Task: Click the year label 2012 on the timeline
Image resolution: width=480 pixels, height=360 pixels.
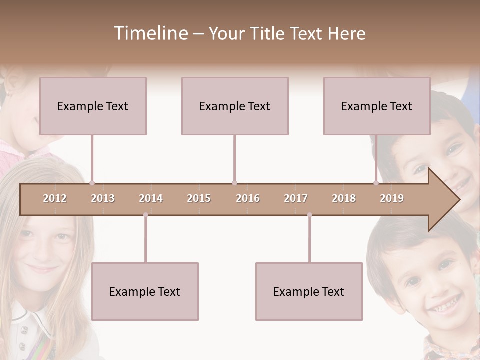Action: pos(55,198)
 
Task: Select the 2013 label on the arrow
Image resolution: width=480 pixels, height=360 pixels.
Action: pos(103,198)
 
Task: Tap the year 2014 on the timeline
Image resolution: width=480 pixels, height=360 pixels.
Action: pos(151,198)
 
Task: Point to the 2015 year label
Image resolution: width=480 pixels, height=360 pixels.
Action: pos(199,198)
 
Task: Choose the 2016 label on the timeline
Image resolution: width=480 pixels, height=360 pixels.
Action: pos(248,198)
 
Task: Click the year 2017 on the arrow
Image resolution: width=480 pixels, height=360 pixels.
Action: pos(296,198)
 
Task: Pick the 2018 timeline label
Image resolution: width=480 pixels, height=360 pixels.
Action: pos(344,198)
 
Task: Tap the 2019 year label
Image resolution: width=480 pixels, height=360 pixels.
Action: pos(392,198)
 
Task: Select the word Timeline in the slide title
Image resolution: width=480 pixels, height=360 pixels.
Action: pos(150,33)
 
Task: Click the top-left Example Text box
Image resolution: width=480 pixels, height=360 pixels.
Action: pos(93,106)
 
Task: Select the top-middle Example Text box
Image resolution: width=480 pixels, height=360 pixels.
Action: pos(235,106)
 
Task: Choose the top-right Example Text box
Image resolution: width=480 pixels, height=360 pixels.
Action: pos(377,106)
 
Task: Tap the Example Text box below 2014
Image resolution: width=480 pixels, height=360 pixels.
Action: pos(145,291)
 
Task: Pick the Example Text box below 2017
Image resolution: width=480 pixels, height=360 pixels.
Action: pos(309,291)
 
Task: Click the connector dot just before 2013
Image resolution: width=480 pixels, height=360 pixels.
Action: pos(92,183)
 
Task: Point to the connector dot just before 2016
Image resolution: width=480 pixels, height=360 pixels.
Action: pos(234,183)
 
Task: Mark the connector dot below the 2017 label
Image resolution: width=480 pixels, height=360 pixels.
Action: pos(309,215)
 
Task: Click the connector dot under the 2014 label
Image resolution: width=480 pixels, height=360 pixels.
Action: pos(145,215)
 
